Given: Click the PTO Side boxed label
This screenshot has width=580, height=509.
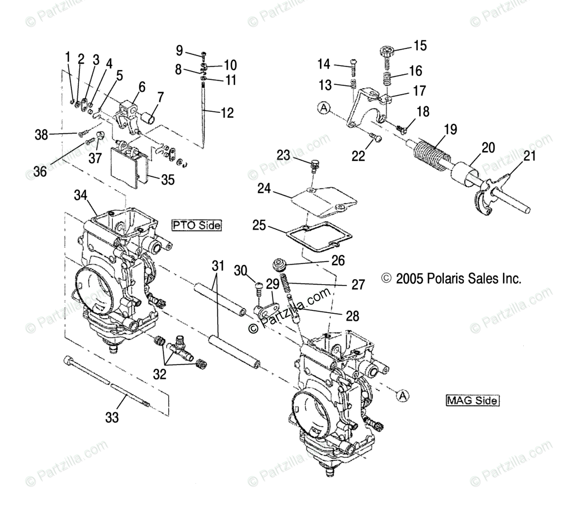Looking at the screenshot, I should tap(196, 225).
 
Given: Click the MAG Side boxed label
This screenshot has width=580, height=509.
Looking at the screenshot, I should tap(472, 400).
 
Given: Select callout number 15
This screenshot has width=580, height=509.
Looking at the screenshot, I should tap(420, 46).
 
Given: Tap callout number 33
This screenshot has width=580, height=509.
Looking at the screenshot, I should tap(112, 417).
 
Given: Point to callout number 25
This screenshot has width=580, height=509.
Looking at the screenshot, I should tap(259, 225).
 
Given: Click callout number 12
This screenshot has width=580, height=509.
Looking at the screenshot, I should tap(227, 113).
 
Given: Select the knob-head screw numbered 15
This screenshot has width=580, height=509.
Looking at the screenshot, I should tap(387, 52).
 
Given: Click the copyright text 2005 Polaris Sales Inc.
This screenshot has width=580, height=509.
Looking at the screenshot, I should tap(451, 279).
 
